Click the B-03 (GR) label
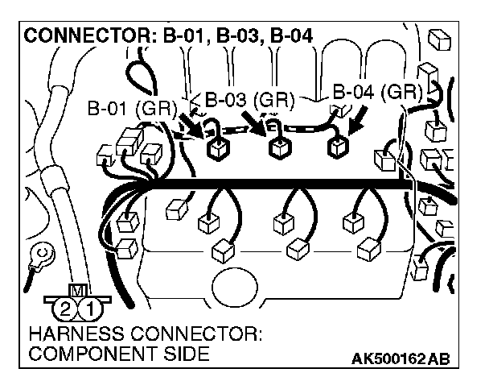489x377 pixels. coord(249,101)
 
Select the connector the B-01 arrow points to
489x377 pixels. coord(216,149)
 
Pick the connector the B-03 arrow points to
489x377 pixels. coord(278,148)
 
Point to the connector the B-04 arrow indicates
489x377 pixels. coord(337,147)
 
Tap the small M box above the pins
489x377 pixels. coord(79,290)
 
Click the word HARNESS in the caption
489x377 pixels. coord(70,333)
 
